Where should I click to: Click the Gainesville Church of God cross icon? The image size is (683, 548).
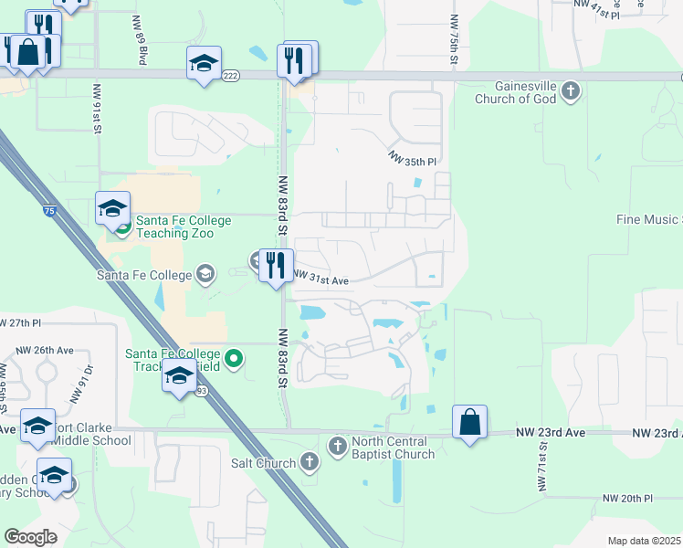click(571, 90)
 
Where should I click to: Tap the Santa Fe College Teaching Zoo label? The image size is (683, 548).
click(174, 227)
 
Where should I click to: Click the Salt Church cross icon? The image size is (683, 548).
click(310, 462)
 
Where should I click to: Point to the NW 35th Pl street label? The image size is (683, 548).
click(413, 159)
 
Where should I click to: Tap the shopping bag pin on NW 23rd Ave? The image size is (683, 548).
click(469, 423)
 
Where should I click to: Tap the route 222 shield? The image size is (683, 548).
click(230, 76)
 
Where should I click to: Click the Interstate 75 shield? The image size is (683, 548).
click(48, 211)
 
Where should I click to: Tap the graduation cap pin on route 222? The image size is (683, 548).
click(204, 64)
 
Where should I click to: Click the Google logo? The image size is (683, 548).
click(30, 536)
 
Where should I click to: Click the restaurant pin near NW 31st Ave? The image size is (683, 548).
click(276, 267)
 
